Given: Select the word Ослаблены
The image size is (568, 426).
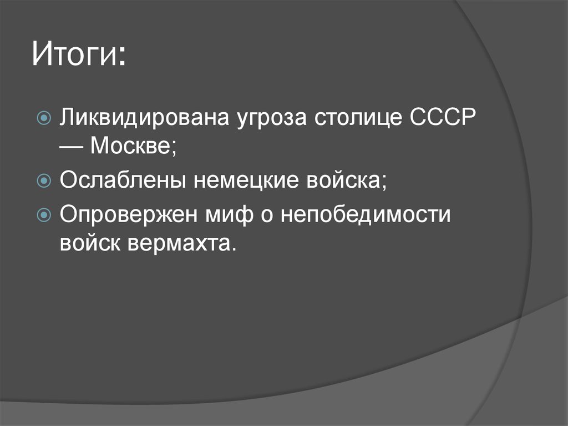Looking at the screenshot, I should point(122,181).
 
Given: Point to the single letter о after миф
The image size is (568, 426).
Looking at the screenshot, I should point(263,215).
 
